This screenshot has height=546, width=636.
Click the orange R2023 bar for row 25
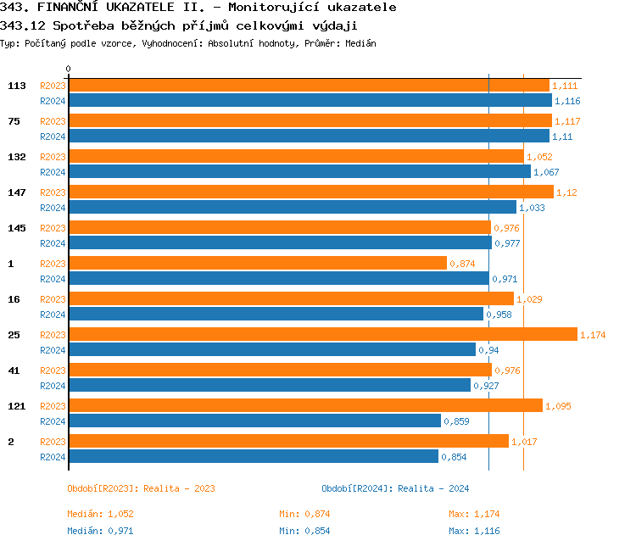pyautogui.click(x=322, y=335)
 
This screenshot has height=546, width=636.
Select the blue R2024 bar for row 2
pyautogui.click(x=253, y=457)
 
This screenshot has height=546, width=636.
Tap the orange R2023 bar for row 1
pyautogui.click(x=257, y=264)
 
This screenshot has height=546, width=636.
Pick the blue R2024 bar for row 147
pyautogui.click(x=292, y=208)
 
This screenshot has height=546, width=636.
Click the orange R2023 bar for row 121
pyautogui.click(x=305, y=406)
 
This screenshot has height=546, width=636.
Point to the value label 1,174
pyautogui.click(x=593, y=336)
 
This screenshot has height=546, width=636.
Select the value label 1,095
pyautogui.click(x=558, y=407)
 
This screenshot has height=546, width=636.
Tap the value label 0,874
pyautogui.click(x=462, y=265)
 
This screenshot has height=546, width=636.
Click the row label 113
pyautogui.click(x=16, y=86)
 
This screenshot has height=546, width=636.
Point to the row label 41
pyautogui.click(x=14, y=370)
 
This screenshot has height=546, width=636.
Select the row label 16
pyautogui.click(x=14, y=299)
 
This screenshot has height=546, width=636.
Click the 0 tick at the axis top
pyautogui.click(x=69, y=70)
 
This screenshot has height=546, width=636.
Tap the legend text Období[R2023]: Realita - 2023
pyautogui.click(x=141, y=488)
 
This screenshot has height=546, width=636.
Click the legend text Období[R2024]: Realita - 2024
pyautogui.click(x=395, y=488)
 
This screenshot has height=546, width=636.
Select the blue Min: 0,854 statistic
pyautogui.click(x=304, y=531)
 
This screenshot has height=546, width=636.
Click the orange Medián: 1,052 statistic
pyautogui.click(x=100, y=514)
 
